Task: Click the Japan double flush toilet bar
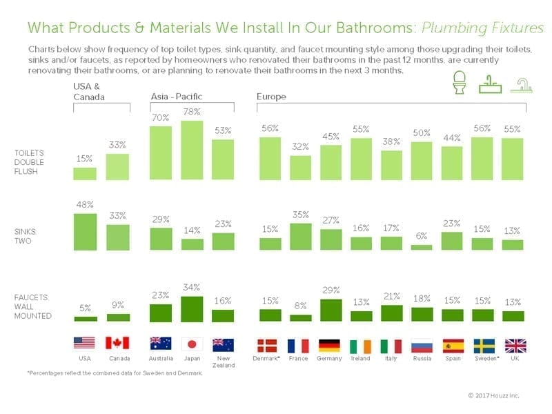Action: coord(192,150)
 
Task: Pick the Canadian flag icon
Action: coord(117,344)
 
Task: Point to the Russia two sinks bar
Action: coord(422,247)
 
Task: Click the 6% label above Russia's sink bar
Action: coord(422,236)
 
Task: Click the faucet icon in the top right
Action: coord(518,87)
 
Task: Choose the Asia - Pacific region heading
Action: coord(177,96)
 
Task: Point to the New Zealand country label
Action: coord(223,362)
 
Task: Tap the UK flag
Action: coord(515,346)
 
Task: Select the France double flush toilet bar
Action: coord(300,168)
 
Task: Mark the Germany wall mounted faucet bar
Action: coord(331,310)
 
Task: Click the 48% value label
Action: coord(84,205)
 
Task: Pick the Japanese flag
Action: coord(192,344)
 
